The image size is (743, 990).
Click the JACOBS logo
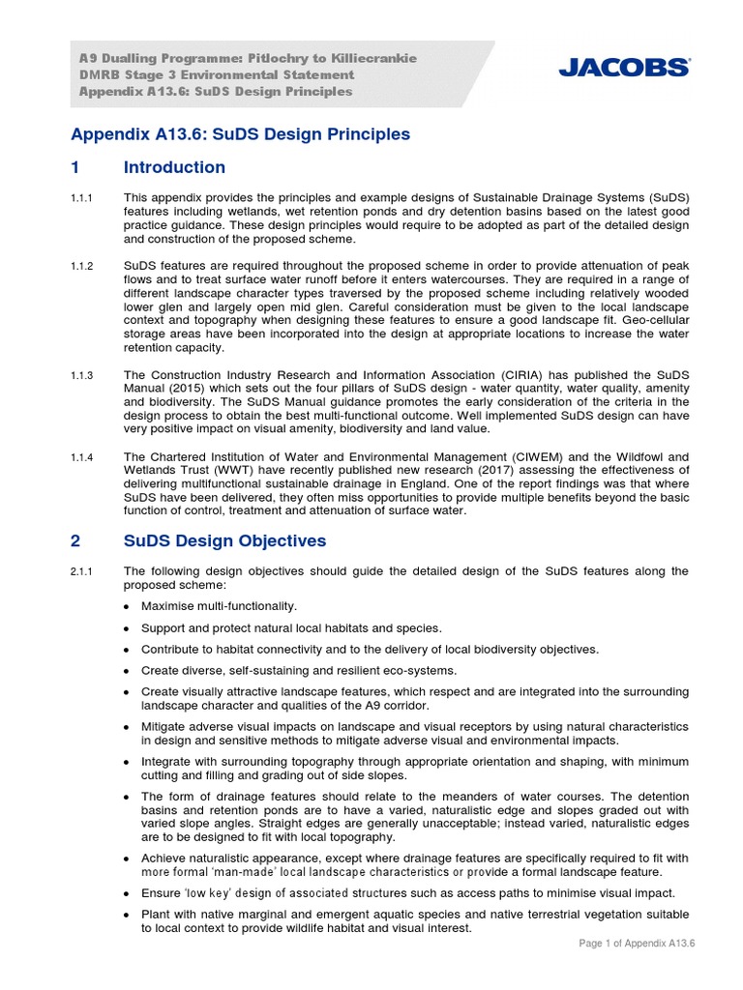[x=624, y=68]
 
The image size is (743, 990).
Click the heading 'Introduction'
[x=174, y=167]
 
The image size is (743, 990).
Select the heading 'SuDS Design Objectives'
[x=224, y=540]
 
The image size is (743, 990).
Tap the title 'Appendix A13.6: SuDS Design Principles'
[x=241, y=134]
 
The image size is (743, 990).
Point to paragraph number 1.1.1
[x=81, y=198]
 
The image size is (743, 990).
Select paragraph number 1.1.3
[x=81, y=374]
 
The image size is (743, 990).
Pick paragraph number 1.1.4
[x=81, y=456]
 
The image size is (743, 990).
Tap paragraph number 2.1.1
[x=81, y=571]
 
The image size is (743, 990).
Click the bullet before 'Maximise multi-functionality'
[x=129, y=607]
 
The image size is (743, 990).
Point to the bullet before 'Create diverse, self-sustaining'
[x=129, y=671]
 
